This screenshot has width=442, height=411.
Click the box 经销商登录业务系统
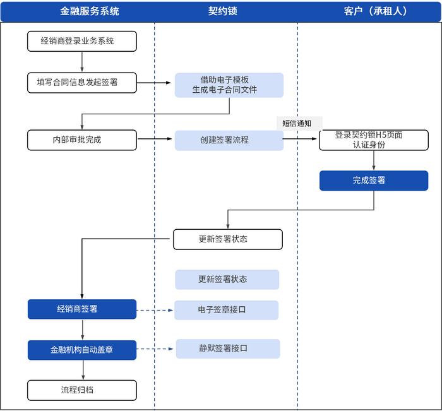point(81,42)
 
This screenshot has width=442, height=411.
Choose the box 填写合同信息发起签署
point(81,83)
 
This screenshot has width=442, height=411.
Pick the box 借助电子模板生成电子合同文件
point(229,85)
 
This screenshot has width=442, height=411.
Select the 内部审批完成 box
point(81,140)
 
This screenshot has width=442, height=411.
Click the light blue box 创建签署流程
point(229,140)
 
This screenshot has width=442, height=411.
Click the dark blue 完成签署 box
point(373,181)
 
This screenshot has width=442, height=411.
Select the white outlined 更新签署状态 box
point(227,239)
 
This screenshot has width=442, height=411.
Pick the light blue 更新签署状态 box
point(227,280)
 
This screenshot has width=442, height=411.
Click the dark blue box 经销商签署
point(81,309)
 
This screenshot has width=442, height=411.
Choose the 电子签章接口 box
point(227,310)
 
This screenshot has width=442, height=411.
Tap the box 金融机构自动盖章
point(81,350)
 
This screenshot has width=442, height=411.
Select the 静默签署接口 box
point(227,348)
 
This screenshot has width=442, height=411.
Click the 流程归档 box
point(81,390)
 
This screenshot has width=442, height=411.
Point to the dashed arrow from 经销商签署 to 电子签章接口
point(155,310)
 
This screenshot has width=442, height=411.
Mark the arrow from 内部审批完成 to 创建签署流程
point(155,140)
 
